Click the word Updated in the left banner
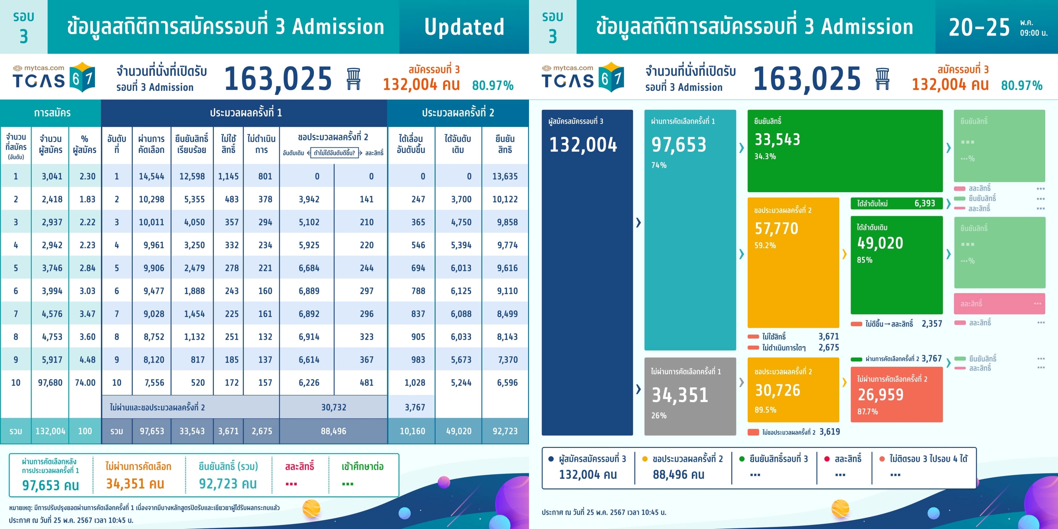[464, 27]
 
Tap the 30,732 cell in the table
[333, 407]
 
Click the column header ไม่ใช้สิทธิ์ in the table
[228, 144]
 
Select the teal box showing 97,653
[690, 230]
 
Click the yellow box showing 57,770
[793, 263]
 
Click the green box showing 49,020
[896, 265]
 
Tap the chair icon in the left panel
[353, 79]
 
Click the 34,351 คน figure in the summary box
[135, 484]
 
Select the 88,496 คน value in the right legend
[679, 475]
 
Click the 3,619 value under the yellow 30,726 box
[830, 432]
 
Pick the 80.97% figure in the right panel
[1021, 85]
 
